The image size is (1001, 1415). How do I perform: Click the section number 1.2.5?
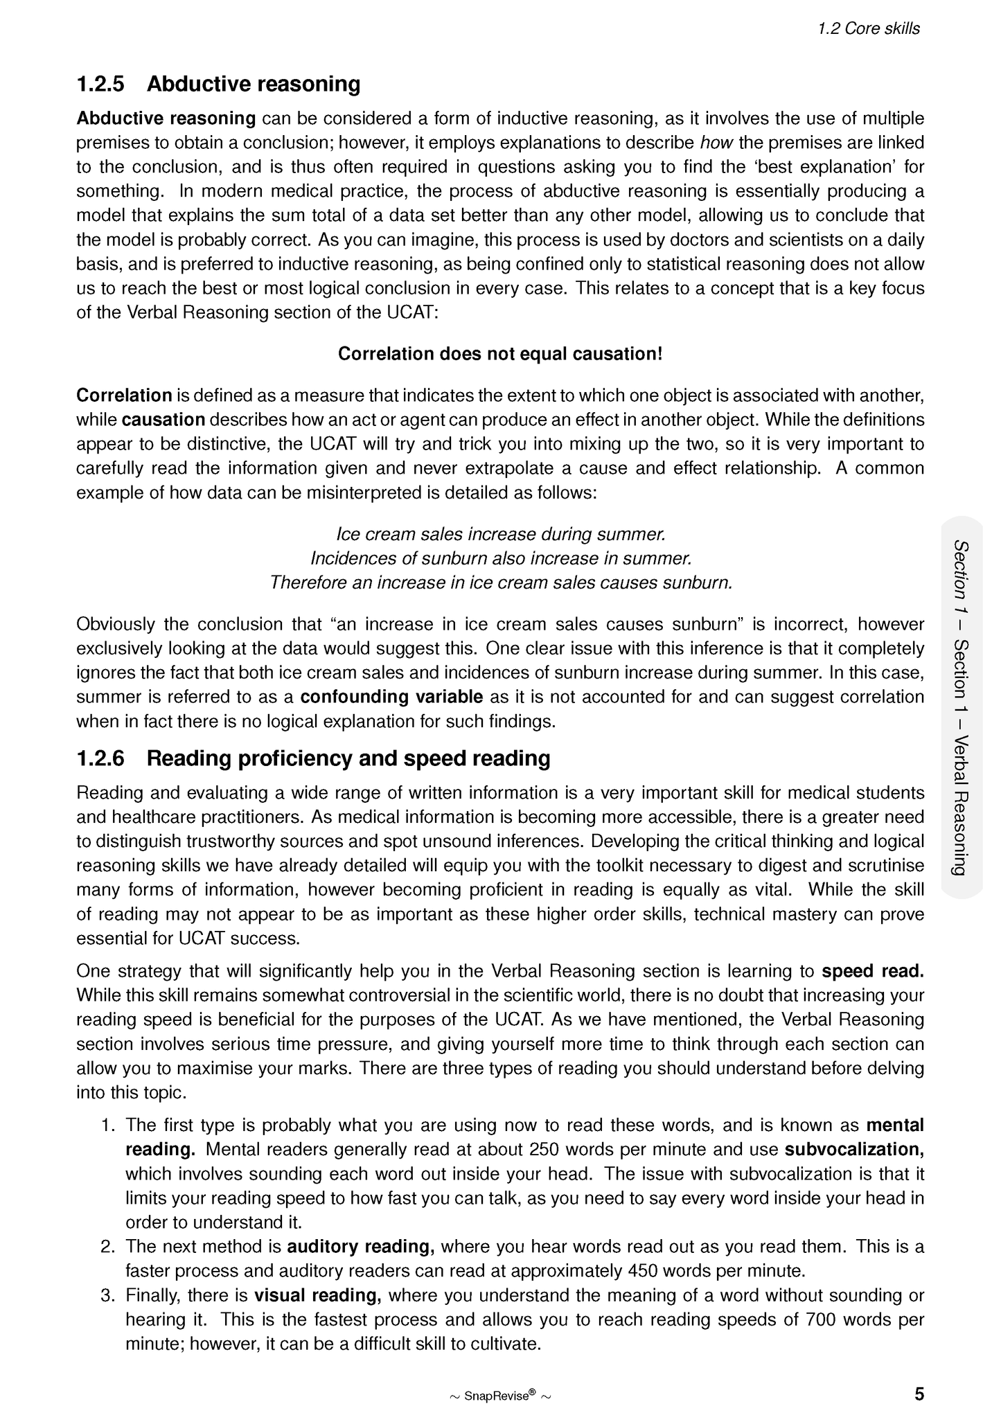pyautogui.click(x=100, y=84)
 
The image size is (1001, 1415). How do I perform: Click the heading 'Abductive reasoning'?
pyautogui.click(x=254, y=84)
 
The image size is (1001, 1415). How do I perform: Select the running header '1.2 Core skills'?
pyautogui.click(x=869, y=28)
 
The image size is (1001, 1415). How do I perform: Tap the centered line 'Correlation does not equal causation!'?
pyautogui.click(x=500, y=354)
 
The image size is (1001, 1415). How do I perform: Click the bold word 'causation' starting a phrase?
pyautogui.click(x=163, y=420)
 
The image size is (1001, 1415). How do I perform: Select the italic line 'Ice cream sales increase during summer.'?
pyautogui.click(x=500, y=534)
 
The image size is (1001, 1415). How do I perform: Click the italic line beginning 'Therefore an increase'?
pyautogui.click(x=500, y=582)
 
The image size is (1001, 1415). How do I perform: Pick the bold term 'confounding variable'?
pyautogui.click(x=392, y=697)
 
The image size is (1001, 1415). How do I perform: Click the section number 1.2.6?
pyautogui.click(x=100, y=758)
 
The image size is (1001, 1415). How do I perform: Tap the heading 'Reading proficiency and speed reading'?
pyautogui.click(x=348, y=758)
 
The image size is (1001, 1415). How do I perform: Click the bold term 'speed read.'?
pyautogui.click(x=873, y=971)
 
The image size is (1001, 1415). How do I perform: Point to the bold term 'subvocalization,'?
pyautogui.click(x=854, y=1150)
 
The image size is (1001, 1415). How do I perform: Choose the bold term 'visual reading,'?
pyautogui.click(x=318, y=1295)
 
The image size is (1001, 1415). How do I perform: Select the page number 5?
pyautogui.click(x=919, y=1394)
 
